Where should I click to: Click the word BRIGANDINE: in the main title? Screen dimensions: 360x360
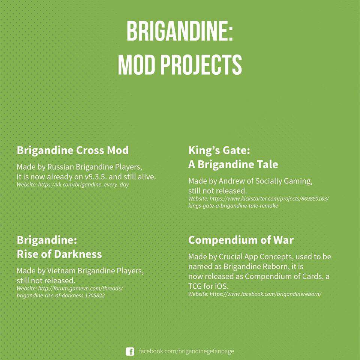tap(180, 32)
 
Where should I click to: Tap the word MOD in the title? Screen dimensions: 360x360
tap(136, 65)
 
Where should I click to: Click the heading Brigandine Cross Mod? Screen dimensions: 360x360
tap(72, 150)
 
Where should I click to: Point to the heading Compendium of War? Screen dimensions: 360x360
tap(241, 240)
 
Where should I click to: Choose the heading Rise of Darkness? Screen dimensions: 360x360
tap(59, 254)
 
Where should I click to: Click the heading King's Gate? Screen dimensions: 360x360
tap(219, 150)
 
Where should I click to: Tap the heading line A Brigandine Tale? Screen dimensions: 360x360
tap(233, 164)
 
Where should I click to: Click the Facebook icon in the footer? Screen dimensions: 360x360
tap(130, 351)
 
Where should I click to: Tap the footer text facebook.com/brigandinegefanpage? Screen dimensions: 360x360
tap(186, 351)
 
